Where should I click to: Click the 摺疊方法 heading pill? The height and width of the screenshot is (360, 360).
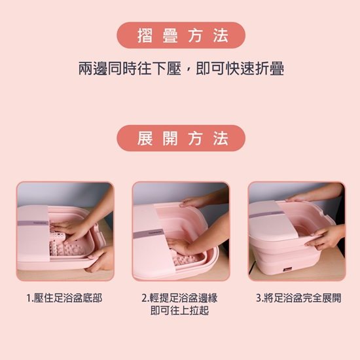181,35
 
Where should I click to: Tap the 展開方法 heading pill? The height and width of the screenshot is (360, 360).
181,138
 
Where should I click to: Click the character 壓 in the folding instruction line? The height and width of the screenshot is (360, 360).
174,69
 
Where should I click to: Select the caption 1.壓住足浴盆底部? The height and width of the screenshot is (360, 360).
64,298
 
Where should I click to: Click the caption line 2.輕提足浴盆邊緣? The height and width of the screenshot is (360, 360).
180,298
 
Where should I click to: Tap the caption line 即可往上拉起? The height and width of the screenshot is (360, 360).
180,310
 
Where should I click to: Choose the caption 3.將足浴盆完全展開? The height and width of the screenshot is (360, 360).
298,298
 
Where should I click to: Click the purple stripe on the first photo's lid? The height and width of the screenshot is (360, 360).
33,223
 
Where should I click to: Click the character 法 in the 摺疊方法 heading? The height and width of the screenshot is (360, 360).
220,35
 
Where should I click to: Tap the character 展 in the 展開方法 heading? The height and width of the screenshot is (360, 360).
145,138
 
